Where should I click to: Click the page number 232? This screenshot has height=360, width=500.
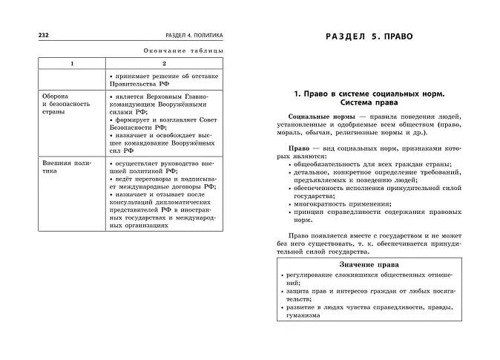pos(34,35)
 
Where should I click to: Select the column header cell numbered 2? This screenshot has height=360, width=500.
pos(165,64)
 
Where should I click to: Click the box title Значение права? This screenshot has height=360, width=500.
pos(369,264)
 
